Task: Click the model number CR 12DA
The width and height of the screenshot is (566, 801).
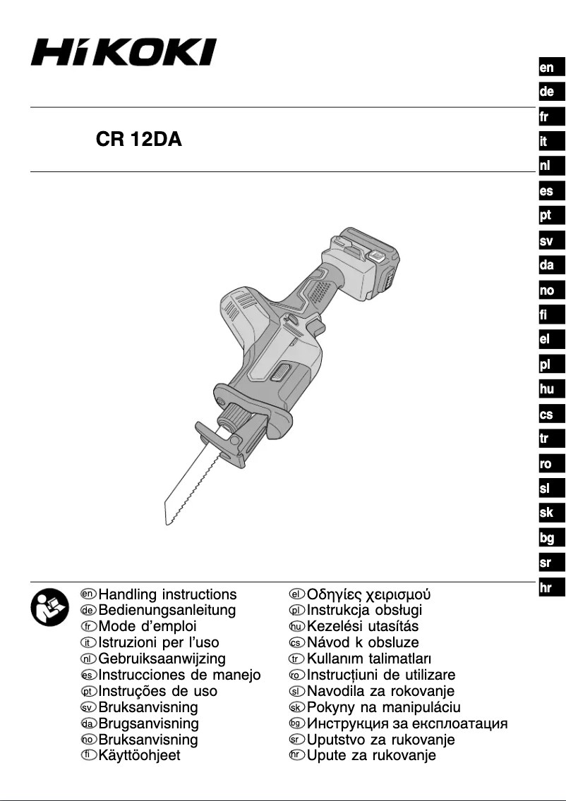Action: point(139,140)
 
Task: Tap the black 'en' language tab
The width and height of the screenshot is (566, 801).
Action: point(547,68)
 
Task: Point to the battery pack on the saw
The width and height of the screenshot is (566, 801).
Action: point(368,262)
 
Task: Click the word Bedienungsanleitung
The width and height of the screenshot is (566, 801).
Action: point(167,610)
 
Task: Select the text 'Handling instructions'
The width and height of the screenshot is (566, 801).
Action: point(168,594)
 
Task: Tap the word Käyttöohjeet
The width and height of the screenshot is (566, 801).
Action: point(140,755)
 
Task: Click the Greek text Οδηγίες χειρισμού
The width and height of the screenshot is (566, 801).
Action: point(369,594)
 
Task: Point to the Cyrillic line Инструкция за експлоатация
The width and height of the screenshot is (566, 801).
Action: point(407,723)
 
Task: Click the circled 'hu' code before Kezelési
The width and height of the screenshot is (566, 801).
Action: point(296,627)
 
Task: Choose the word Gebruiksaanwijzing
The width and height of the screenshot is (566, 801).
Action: point(162,659)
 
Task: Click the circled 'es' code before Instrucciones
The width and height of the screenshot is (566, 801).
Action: point(88,675)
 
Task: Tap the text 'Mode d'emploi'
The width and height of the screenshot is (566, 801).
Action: point(147,626)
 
